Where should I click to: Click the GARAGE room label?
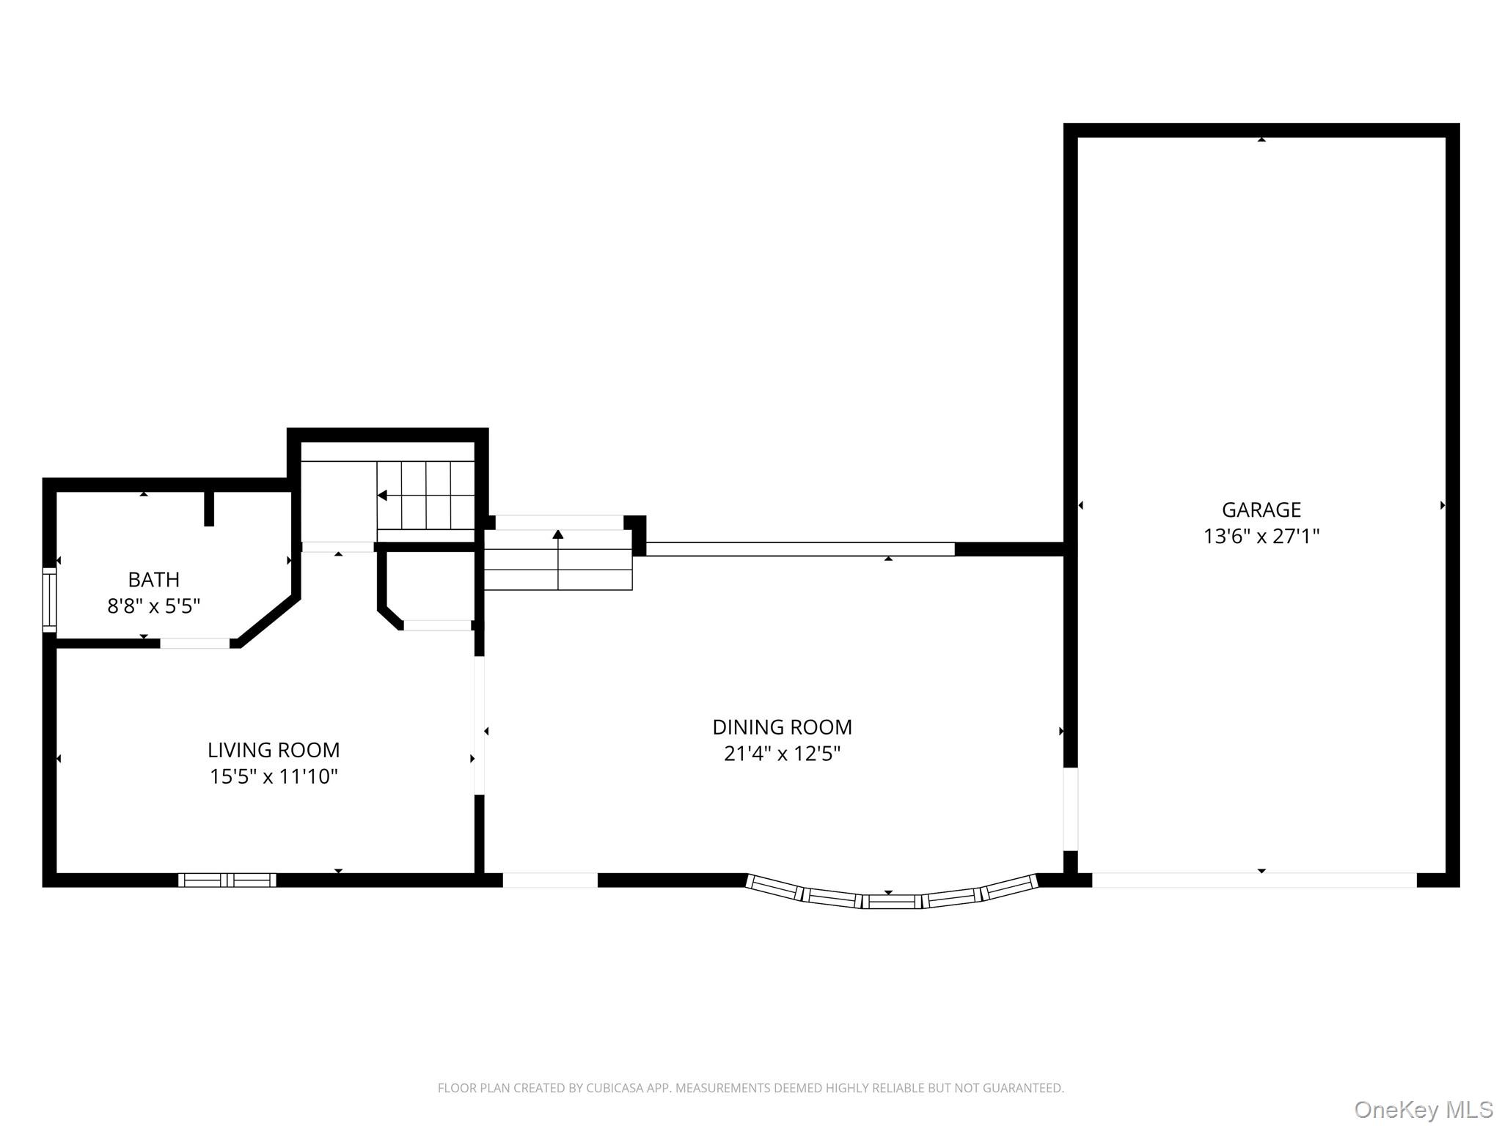point(1261,509)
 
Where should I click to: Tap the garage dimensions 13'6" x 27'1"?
point(1261,537)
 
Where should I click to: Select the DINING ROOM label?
point(782,727)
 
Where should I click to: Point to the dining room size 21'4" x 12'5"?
point(782,754)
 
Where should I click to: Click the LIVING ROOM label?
point(274,750)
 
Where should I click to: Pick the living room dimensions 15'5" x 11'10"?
point(274,776)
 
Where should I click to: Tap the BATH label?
point(153,580)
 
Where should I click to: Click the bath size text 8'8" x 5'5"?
point(153,606)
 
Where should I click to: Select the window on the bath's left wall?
point(49,600)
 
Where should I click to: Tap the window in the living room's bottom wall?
point(227,880)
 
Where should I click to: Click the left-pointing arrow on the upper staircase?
point(383,496)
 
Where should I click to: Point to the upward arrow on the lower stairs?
point(558,534)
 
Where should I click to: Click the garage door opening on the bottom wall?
point(1254,880)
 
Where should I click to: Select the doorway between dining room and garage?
point(1071,809)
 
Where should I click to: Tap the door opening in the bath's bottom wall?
point(194,644)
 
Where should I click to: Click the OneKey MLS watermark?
point(1423,1110)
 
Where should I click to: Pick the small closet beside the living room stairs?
point(431,586)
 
